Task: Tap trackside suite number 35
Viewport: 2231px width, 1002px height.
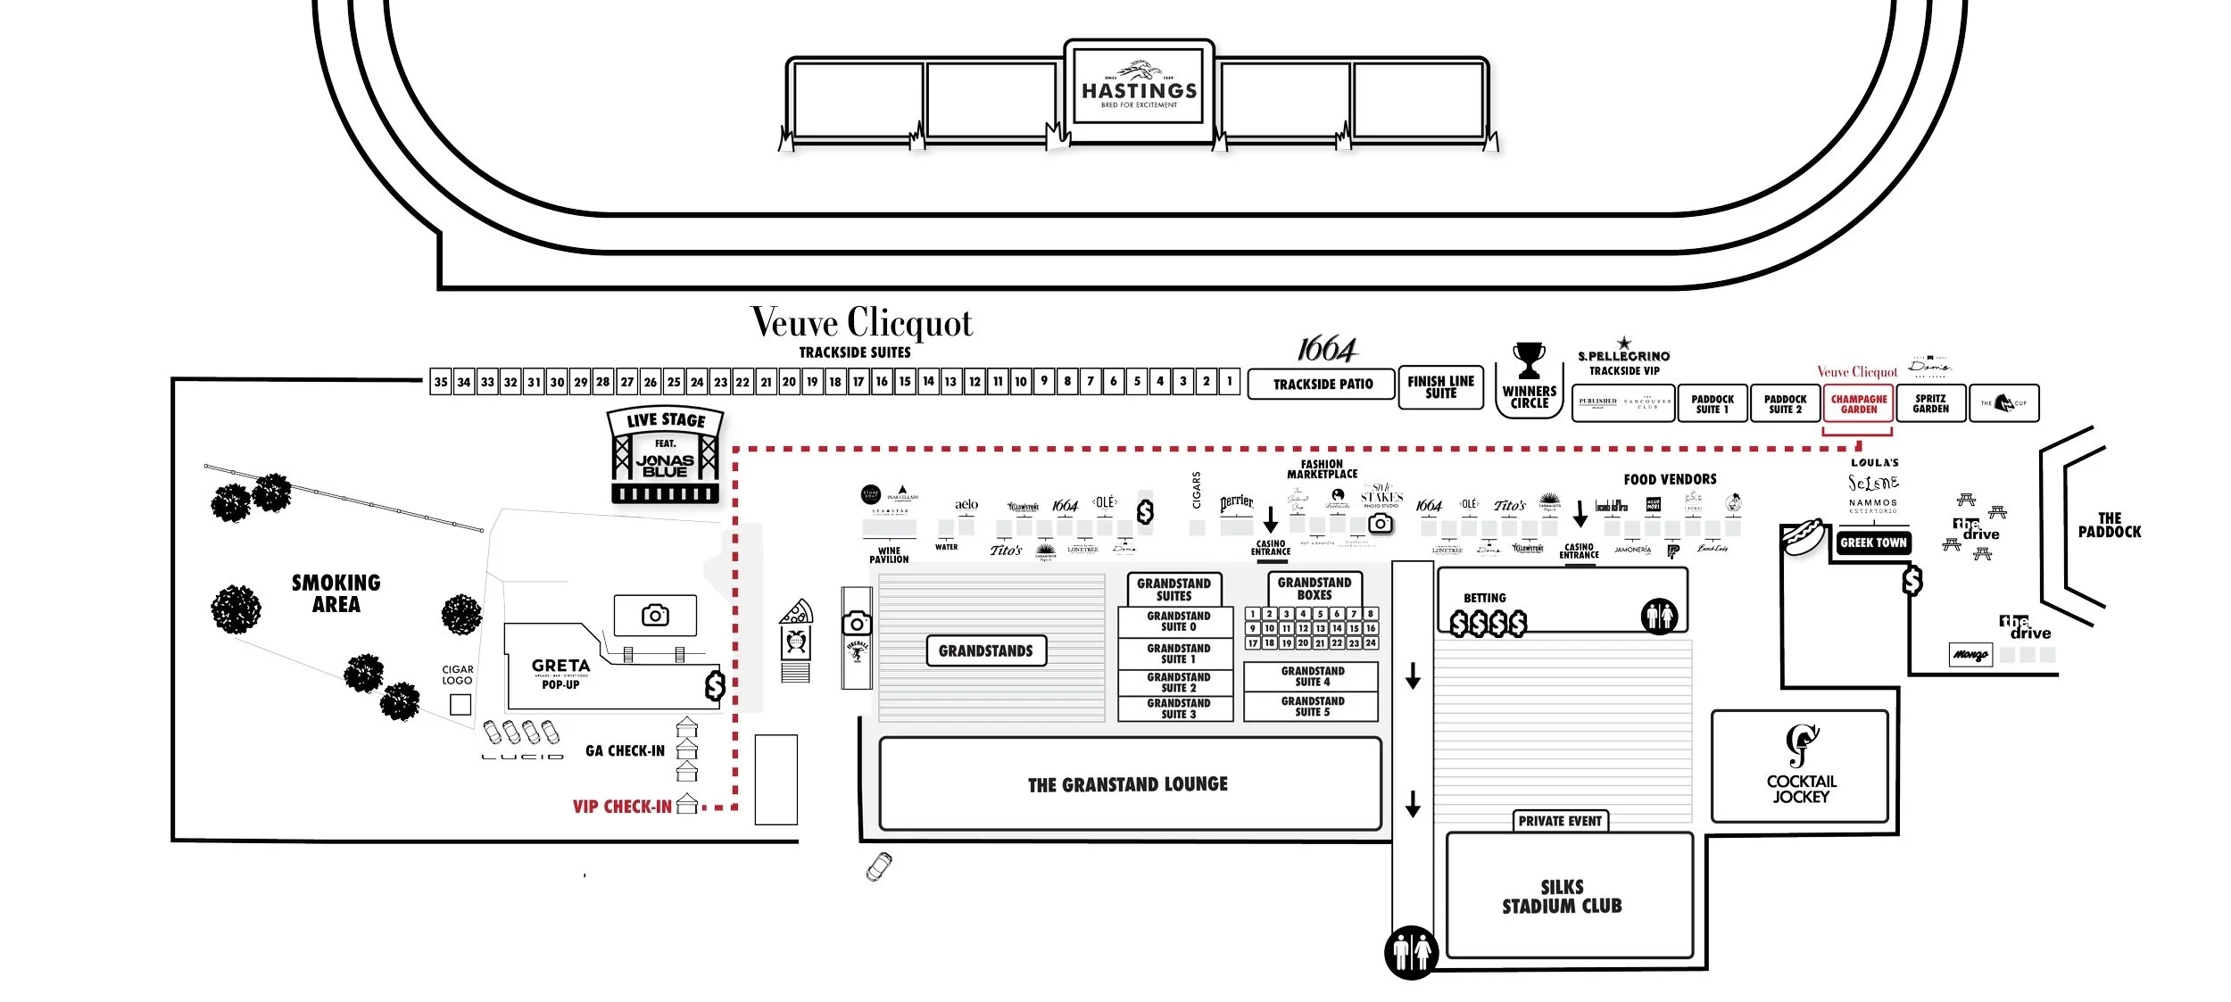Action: pos(440,382)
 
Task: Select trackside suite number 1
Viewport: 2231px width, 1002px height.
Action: pos(1229,381)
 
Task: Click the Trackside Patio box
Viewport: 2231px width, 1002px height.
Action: pos(1322,385)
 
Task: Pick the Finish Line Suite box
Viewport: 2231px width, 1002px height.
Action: pos(1440,387)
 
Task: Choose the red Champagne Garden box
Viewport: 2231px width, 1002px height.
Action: pos(1858,404)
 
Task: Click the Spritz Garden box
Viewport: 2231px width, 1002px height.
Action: pos(1930,404)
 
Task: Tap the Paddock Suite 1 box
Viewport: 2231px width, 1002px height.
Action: pos(1712,404)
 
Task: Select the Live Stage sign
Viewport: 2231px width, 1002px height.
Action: pos(665,420)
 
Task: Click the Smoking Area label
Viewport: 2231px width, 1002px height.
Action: pos(336,593)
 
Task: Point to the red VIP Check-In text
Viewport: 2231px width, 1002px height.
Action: pos(622,807)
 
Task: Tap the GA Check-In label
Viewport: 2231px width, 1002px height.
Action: pos(625,751)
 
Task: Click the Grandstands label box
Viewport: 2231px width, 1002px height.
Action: pos(985,651)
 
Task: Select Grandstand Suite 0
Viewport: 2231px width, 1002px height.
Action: pos(1177,621)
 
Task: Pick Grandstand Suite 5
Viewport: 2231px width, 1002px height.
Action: pos(1312,707)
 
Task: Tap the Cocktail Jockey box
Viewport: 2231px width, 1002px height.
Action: pos(1800,766)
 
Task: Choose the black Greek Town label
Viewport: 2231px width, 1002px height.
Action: pos(1873,542)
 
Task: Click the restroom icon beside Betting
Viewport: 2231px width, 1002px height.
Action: pos(1659,616)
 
